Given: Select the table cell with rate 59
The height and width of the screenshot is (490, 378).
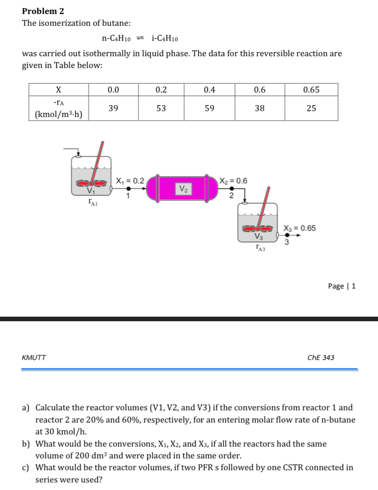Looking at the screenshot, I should (209, 108).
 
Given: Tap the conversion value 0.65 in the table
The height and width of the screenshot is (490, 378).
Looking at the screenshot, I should (311, 90).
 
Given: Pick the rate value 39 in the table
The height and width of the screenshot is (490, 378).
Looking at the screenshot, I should (113, 108).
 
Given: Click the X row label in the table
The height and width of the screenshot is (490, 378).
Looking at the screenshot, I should (59, 90).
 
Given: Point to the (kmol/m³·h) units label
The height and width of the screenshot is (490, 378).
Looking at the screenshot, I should (59, 114).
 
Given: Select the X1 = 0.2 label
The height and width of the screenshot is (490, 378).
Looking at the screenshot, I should (130, 181).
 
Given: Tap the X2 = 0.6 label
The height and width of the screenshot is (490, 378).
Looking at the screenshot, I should (233, 181).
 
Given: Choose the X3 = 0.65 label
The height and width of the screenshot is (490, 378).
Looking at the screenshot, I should (299, 228).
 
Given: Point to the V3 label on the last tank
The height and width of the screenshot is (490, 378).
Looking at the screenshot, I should (259, 236).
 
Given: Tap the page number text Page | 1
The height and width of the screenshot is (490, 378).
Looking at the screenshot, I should (341, 286).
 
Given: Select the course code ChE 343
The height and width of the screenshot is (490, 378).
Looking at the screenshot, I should (320, 358).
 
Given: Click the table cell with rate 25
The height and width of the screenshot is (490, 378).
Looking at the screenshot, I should (311, 108).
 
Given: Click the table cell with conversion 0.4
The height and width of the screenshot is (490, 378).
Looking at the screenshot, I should (209, 90).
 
